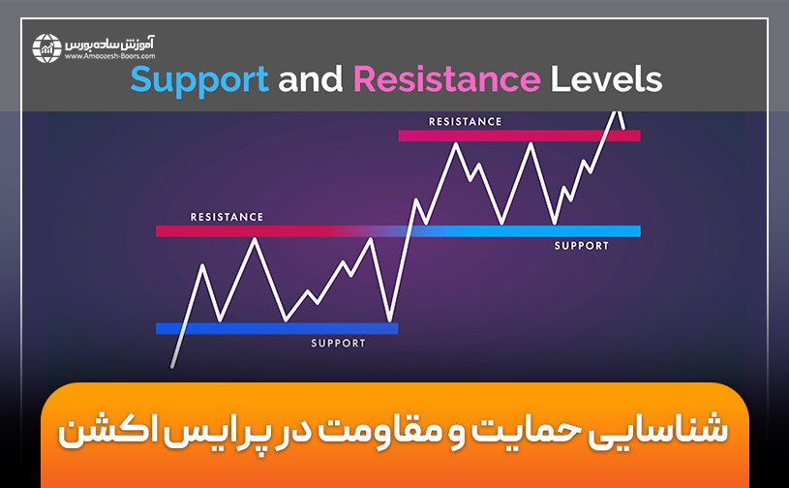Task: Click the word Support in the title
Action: click(199, 79)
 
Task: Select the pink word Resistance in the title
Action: click(446, 79)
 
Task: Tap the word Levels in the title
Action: click(607, 79)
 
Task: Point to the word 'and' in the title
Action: click(312, 79)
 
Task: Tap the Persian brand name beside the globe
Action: click(114, 42)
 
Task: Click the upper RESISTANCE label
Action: click(465, 122)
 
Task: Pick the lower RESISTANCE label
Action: click(227, 217)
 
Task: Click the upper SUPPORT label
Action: click(582, 246)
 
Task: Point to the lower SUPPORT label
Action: click(338, 343)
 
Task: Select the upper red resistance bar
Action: click(519, 136)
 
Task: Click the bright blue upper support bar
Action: click(542, 231)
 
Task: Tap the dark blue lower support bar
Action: click(276, 328)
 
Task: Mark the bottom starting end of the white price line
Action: click(172, 367)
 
